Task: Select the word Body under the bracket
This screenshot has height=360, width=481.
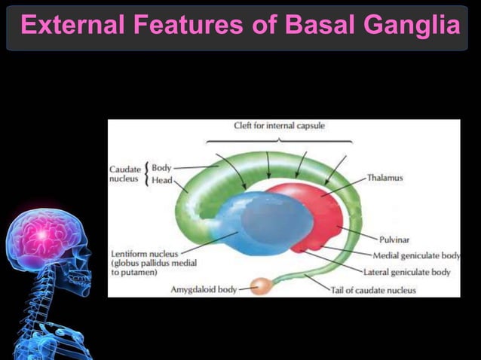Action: pos(161,167)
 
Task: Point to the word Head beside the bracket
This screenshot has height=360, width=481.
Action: pos(161,181)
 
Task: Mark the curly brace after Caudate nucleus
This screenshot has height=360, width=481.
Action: pos(146,174)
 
